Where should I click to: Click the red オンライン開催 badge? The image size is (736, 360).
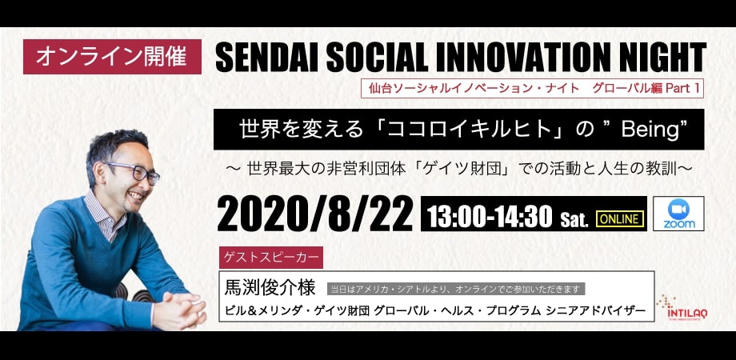pos(112,57)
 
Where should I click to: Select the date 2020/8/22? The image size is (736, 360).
pos(315,214)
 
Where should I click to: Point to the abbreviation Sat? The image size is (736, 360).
pos(574,220)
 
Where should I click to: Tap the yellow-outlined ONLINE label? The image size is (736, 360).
pos(619,218)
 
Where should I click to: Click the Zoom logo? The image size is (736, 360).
pos(678,214)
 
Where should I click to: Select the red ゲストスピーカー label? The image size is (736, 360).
pos(271,258)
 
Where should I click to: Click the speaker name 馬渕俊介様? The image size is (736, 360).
pos(270,288)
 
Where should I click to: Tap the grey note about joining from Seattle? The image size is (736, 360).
pos(456,289)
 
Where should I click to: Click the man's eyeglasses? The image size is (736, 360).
pos(134,171)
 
